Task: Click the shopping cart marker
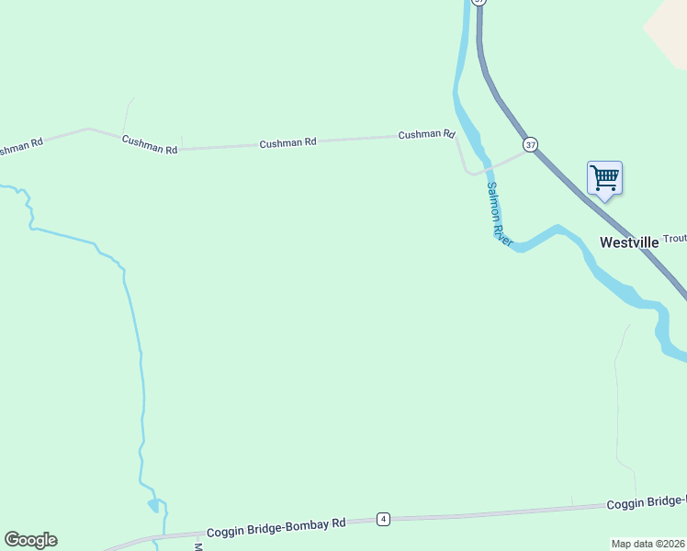click(604, 177)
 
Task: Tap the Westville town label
click(629, 242)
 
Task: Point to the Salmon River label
click(497, 212)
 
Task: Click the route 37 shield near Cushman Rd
click(530, 145)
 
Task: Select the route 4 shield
click(383, 519)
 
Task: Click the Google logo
click(30, 540)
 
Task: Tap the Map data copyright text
click(648, 544)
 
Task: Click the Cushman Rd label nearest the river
click(426, 135)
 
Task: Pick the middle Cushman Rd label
click(287, 143)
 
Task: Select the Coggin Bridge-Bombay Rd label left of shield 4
click(276, 527)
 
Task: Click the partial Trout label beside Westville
click(674, 239)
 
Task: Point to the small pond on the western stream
click(153, 505)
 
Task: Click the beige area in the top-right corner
click(669, 28)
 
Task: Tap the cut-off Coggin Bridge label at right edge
click(647, 502)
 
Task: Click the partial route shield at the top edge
click(478, 3)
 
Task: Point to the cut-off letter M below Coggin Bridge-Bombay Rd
click(197, 546)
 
